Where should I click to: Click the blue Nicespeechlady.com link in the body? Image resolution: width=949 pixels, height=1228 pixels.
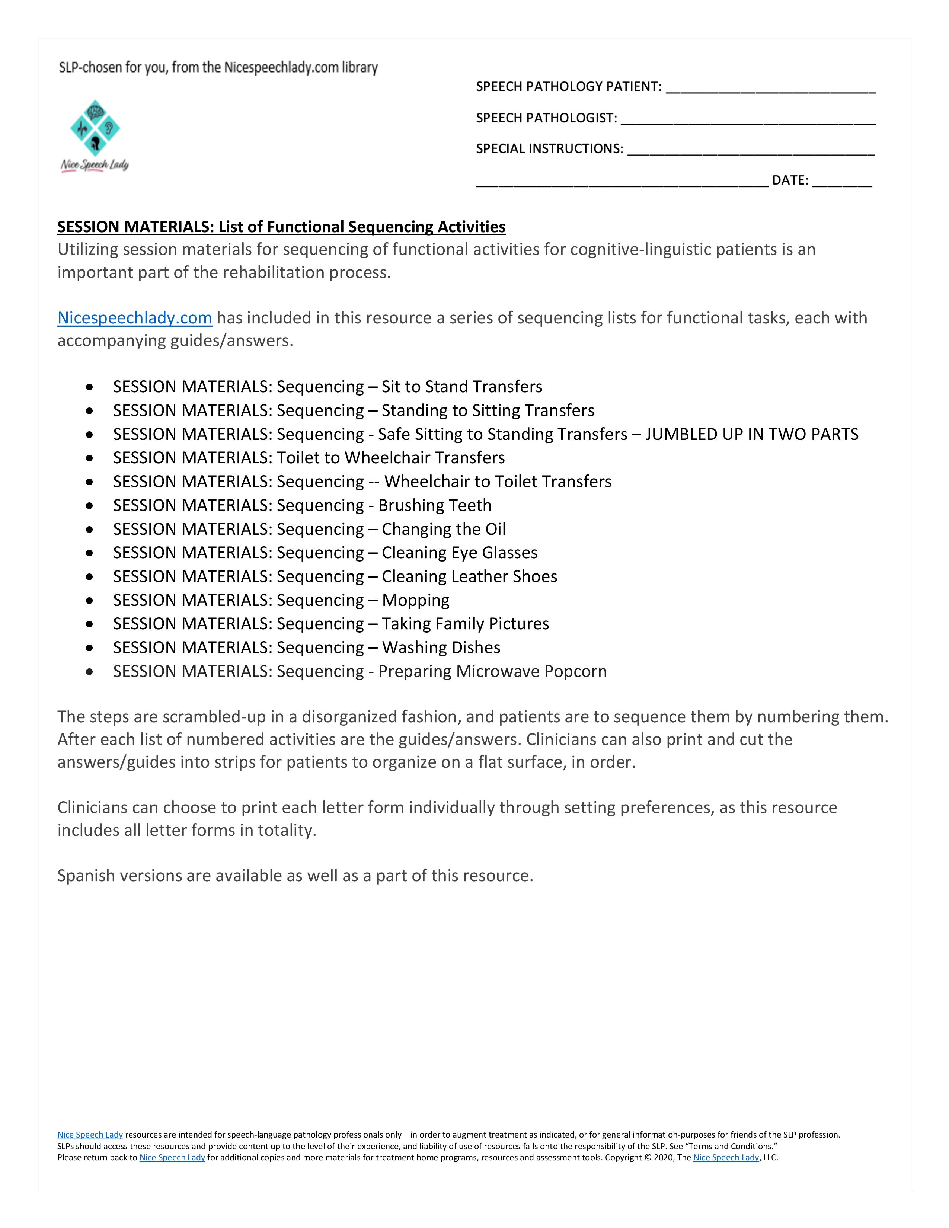click(x=134, y=318)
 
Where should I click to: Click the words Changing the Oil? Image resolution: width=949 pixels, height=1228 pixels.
click(x=444, y=529)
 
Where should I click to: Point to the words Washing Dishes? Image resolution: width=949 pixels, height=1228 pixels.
click(x=441, y=648)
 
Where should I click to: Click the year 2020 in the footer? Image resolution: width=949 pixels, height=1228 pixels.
click(x=664, y=1157)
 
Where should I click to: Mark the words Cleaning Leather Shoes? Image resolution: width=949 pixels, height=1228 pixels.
click(x=469, y=576)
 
